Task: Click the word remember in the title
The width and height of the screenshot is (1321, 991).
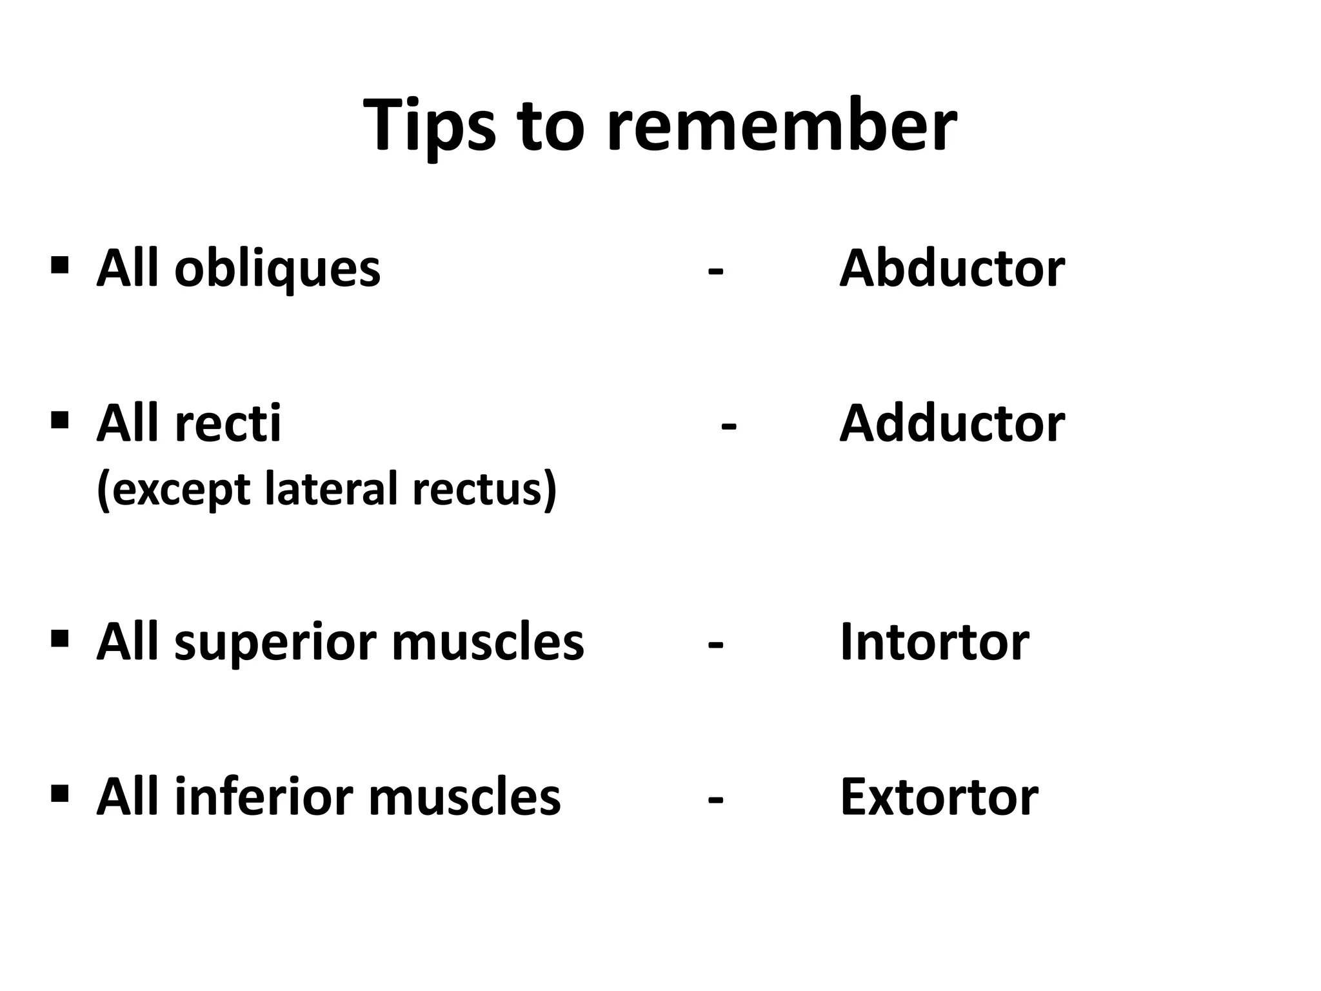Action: (781, 125)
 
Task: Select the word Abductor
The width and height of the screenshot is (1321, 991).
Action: (951, 268)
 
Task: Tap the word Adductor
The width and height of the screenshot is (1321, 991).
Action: (951, 424)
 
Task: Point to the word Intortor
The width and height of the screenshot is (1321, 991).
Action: (934, 643)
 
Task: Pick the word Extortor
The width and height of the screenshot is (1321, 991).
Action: (939, 797)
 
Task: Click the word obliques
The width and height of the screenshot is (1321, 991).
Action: (277, 270)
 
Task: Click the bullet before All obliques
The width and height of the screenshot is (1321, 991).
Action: (59, 265)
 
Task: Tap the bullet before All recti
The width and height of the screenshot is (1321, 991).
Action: (59, 421)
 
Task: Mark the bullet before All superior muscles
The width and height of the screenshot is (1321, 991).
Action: (59, 639)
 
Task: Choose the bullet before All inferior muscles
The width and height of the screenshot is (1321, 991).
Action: (59, 792)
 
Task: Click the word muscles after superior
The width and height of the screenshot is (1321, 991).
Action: (487, 643)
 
